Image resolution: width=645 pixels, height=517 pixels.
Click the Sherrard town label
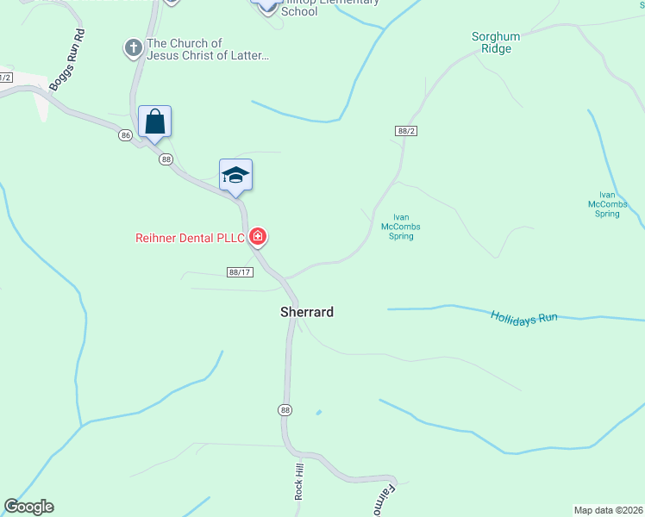coord(306,312)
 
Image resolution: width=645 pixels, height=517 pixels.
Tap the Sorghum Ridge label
coord(492,42)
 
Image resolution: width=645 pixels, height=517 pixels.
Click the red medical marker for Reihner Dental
coord(257,236)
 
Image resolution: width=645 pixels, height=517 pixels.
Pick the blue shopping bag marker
coord(155,121)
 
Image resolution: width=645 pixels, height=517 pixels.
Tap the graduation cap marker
coord(235,175)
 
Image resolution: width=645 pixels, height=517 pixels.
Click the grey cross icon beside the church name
coord(134,48)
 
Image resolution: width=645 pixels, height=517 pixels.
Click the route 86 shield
coord(126,135)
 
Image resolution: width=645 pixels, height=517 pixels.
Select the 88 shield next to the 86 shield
coord(166,159)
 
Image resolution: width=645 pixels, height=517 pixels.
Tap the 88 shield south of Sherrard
coord(285,409)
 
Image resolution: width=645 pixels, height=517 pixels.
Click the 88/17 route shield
coord(240,272)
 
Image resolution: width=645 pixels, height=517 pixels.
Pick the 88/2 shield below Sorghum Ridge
coord(406,130)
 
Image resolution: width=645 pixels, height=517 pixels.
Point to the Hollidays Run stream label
coord(524,317)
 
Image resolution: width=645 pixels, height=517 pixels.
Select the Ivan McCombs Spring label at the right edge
coord(607,204)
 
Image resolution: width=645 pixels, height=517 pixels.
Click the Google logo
coord(28,507)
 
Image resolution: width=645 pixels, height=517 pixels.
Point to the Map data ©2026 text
coord(609,510)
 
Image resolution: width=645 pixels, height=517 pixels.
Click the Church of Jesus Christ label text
coord(208,49)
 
